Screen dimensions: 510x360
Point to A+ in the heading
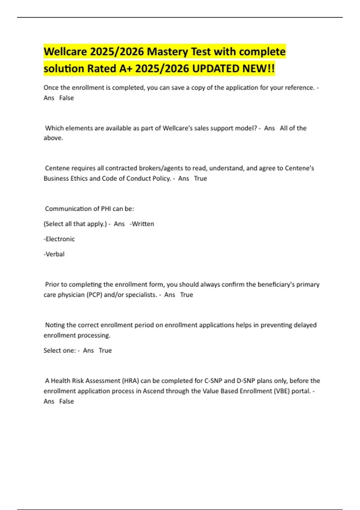point(126,69)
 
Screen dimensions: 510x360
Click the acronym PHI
point(106,209)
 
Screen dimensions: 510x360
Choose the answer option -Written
point(142,224)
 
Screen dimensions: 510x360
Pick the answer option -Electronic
point(59,239)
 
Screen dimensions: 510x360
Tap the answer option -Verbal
point(54,254)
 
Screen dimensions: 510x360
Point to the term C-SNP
point(213,381)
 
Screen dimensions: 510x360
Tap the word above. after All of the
point(53,138)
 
